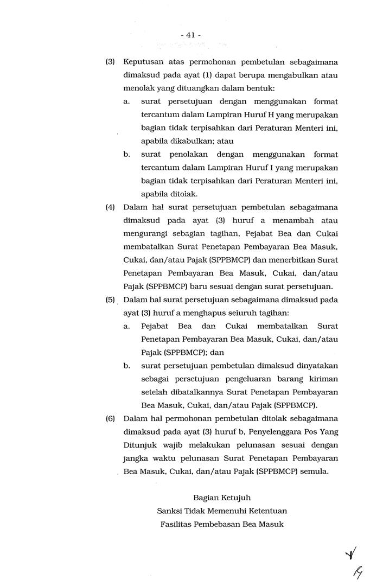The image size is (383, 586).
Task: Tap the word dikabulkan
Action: (169, 141)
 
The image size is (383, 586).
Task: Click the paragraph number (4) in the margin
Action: (110, 207)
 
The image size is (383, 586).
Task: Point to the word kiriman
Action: (324, 379)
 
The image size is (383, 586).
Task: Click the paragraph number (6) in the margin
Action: (110, 418)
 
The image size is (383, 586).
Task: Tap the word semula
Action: (316, 471)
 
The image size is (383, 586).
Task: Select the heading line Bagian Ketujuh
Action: (222, 497)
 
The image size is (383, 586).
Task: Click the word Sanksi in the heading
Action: (169, 511)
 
